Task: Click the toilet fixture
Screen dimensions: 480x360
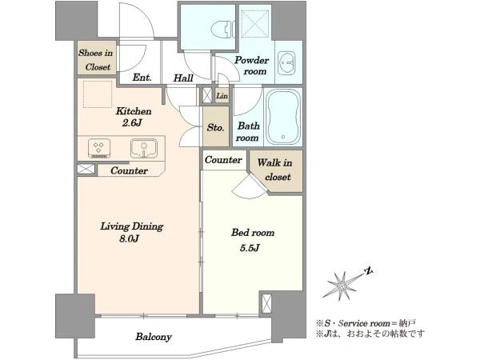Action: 222,30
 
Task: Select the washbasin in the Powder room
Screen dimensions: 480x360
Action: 287,63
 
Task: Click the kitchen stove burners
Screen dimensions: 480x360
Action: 99,149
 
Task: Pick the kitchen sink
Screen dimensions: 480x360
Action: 144,148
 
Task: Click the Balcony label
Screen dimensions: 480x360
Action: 154,337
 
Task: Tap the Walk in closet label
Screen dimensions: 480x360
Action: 275,170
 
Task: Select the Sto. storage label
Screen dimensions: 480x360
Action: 215,127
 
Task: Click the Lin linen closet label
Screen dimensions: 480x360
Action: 222,96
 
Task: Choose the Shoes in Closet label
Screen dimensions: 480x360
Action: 95,60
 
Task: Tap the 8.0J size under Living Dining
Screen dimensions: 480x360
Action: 129,238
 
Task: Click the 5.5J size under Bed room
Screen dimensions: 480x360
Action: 250,248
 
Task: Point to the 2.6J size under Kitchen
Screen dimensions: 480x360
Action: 132,123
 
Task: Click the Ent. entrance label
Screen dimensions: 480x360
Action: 142,78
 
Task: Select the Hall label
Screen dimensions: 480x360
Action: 183,78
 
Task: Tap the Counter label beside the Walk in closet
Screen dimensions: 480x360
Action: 223,160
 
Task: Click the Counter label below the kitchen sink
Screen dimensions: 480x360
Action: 129,170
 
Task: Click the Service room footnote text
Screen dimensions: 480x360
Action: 366,323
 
